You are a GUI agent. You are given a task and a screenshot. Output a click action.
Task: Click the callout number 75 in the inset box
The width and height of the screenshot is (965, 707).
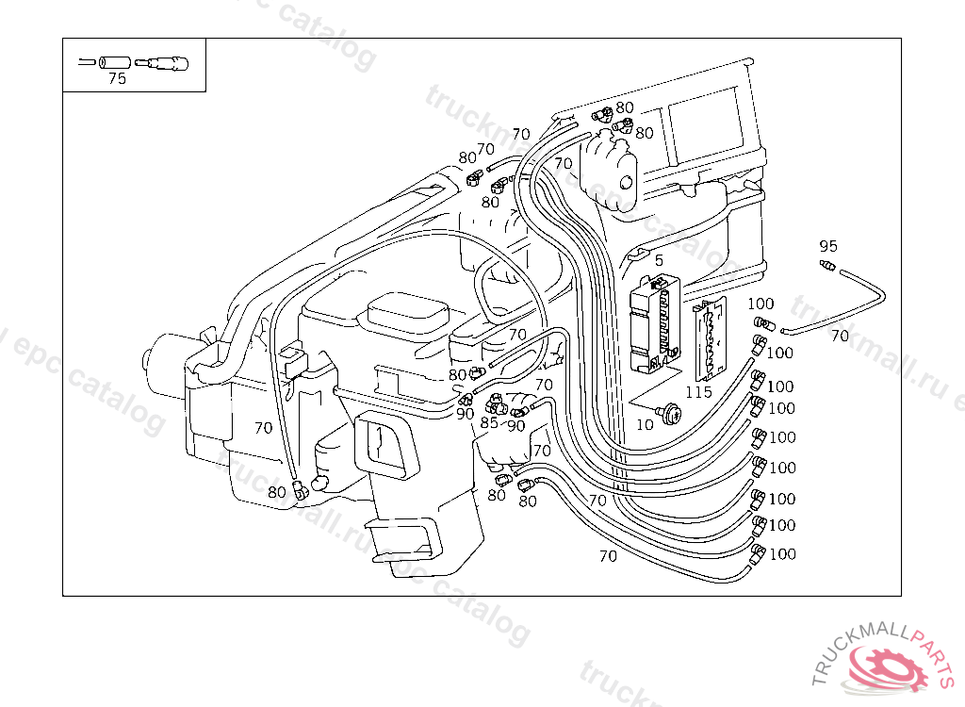(117, 79)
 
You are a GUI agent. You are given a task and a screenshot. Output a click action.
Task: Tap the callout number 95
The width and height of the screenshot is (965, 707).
(828, 246)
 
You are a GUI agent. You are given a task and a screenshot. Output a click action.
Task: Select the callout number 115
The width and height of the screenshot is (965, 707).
(698, 392)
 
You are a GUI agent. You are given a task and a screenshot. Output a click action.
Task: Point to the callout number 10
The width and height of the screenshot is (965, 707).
(645, 424)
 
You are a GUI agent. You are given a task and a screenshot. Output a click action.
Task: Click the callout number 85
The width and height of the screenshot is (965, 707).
(488, 422)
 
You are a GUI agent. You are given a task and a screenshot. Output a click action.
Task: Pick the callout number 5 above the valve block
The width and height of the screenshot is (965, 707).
(659, 260)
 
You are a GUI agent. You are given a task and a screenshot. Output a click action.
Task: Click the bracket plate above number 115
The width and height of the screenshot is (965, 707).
(709, 338)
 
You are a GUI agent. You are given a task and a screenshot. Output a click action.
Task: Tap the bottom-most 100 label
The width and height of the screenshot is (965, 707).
(782, 553)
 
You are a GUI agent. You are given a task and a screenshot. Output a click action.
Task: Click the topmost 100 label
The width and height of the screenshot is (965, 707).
(761, 304)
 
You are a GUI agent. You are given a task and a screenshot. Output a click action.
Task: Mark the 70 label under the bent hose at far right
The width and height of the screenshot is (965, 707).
(839, 336)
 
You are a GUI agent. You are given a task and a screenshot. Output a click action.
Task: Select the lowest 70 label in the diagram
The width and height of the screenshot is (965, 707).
(608, 556)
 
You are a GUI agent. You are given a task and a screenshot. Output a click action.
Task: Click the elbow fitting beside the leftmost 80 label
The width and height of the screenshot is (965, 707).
(301, 489)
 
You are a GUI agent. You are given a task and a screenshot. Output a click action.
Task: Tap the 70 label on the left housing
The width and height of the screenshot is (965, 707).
(263, 427)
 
